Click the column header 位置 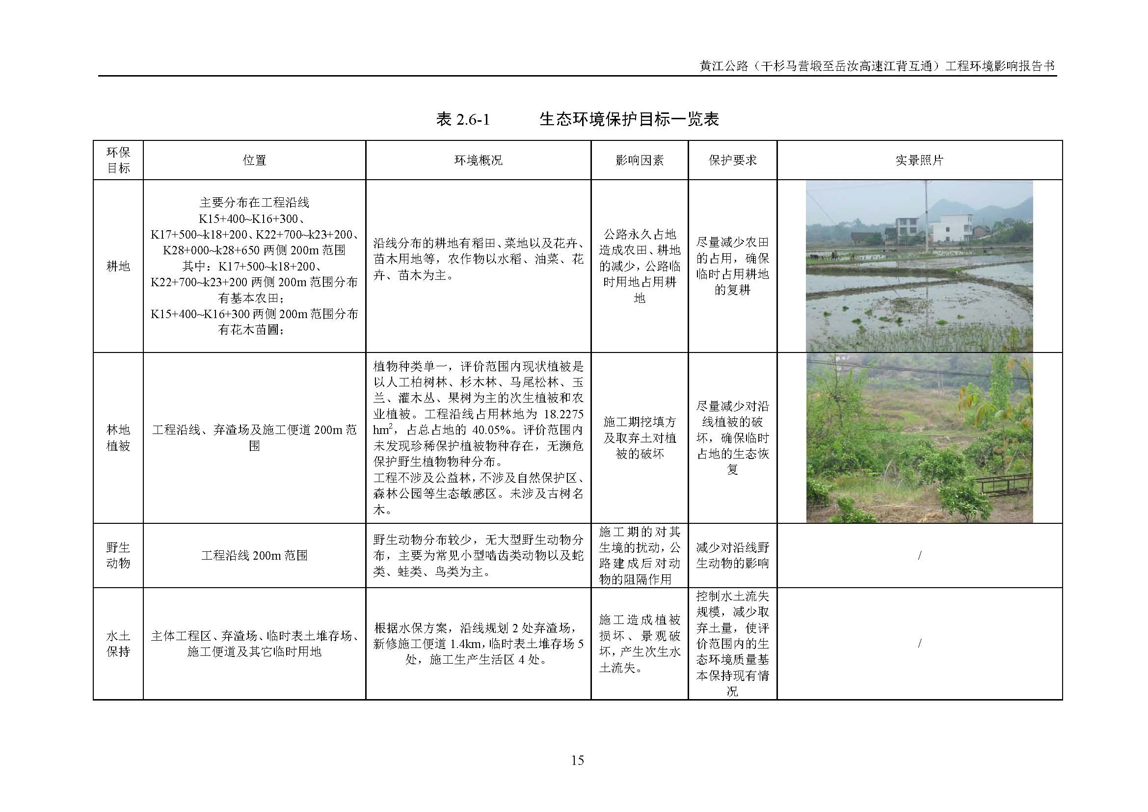click(254, 161)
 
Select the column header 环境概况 click(478, 161)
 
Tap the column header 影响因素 click(640, 161)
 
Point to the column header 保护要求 click(732, 161)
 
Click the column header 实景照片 click(919, 161)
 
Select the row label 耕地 click(118, 266)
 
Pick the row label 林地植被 click(118, 437)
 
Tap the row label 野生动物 click(118, 555)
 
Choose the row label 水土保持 click(118, 644)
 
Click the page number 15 click(577, 760)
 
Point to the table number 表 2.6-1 click(462, 119)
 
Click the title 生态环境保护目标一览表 click(629, 119)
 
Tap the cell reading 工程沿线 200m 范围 click(254, 556)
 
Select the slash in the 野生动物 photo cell click(919, 556)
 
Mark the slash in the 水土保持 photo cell click(919, 644)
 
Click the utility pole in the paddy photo click(927, 220)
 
